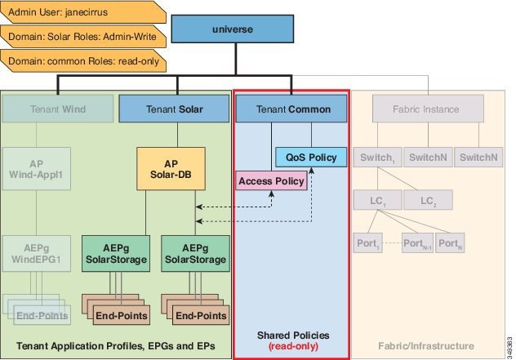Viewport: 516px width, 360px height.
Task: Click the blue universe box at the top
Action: [233, 30]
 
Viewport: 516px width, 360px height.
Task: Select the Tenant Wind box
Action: [58, 109]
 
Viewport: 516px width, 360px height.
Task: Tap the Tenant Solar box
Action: [174, 109]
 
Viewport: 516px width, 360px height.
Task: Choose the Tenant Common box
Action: [291, 109]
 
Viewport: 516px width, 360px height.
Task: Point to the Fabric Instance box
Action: [427, 109]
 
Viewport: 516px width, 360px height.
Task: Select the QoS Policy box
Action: [311, 157]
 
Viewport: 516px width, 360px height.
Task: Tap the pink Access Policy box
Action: [271, 180]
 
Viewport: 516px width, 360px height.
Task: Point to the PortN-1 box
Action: [416, 242]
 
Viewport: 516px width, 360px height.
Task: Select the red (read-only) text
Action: [291, 346]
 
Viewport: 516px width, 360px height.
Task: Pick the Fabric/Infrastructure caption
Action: [426, 346]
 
